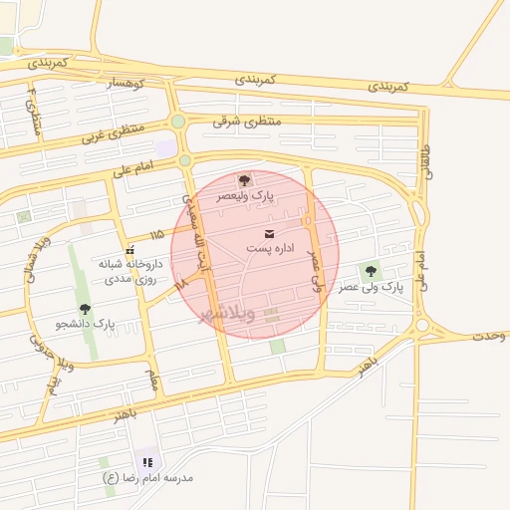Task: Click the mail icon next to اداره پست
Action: pos(269,234)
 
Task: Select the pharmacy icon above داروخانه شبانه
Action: pos(129,250)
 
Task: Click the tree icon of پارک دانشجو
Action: pos(85,309)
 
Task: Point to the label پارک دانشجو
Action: pos(86,325)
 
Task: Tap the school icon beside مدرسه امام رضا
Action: pos(147,462)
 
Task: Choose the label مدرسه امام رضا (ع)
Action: pos(148,477)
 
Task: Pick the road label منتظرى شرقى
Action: pos(248,120)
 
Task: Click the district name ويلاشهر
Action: pos(227,314)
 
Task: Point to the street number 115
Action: pos(155,234)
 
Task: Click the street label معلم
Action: pos(152,381)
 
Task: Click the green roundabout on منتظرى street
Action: pos(177,122)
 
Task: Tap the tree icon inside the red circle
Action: pos(244,180)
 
